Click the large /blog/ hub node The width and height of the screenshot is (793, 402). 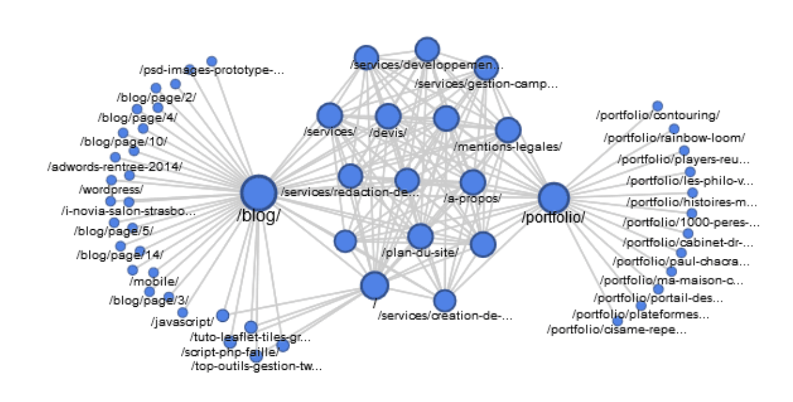[x=259, y=193]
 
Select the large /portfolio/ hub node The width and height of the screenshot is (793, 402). [x=554, y=198]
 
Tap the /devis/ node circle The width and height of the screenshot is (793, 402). [x=389, y=117]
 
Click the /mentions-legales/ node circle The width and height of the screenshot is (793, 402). [x=508, y=130]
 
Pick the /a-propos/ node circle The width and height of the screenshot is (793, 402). [x=472, y=183]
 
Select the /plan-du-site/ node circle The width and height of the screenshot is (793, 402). [x=420, y=236]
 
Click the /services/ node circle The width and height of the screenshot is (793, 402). [x=330, y=116]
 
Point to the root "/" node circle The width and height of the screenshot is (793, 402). [x=375, y=286]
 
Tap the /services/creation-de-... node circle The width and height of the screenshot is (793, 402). [x=445, y=301]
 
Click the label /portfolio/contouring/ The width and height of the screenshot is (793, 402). [x=658, y=116]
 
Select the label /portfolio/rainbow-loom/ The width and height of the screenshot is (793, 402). [x=674, y=138]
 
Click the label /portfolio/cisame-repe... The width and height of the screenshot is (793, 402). [x=617, y=330]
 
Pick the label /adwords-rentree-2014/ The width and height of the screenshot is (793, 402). [x=115, y=167]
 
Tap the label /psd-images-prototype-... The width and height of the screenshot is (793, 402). [x=212, y=70]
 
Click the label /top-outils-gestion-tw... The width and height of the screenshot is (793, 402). [x=256, y=366]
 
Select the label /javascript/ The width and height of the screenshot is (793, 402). [x=182, y=323]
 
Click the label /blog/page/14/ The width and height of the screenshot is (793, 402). [x=120, y=255]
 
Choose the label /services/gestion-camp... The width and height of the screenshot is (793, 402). [x=486, y=84]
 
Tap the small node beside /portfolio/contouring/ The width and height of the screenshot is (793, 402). [x=658, y=106]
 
